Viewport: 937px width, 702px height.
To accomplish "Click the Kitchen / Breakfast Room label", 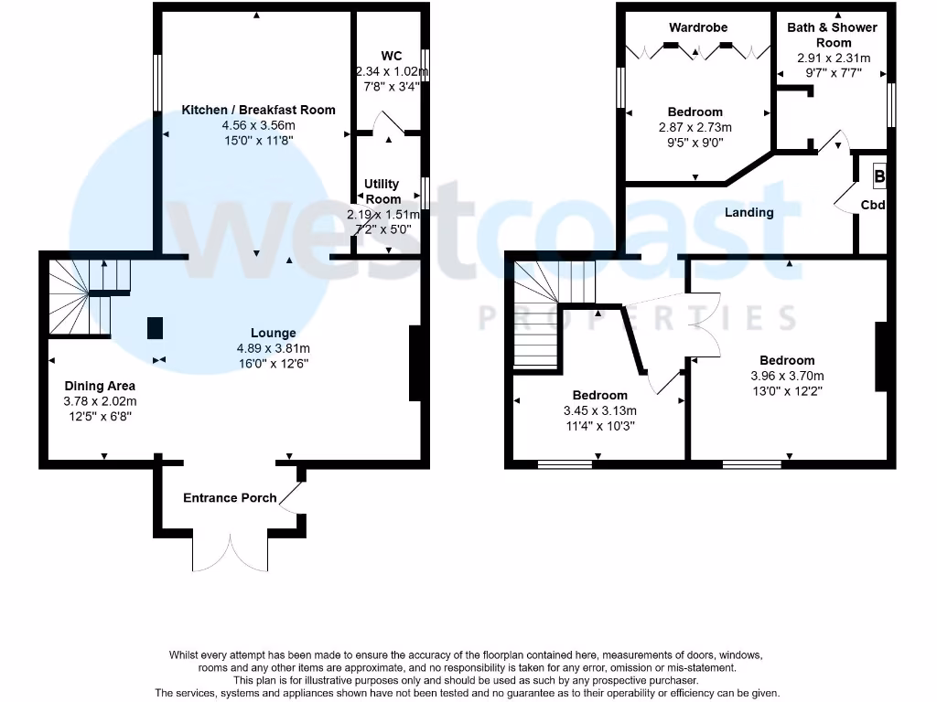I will coord(258,110).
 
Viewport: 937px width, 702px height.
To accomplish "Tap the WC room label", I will coord(393,56).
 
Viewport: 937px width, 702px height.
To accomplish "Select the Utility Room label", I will coord(382,191).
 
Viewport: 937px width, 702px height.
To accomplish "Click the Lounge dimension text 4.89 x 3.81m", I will coord(274,348).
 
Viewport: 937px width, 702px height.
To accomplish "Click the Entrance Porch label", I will coord(230,498).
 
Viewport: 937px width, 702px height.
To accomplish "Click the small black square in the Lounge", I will coord(156,327).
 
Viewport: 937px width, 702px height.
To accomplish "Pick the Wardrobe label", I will coord(697,27).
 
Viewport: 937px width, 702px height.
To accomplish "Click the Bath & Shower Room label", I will coord(832,35).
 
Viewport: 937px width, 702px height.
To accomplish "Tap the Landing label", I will coord(749,212).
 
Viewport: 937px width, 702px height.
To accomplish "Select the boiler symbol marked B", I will coord(879,176).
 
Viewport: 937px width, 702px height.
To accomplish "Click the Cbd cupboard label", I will coord(873,206).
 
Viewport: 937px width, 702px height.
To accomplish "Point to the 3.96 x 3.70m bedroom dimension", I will coord(787,376).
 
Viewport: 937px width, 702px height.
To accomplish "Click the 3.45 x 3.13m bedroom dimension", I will coord(600,410).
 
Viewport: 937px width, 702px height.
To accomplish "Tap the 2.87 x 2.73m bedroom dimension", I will coord(695,127).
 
